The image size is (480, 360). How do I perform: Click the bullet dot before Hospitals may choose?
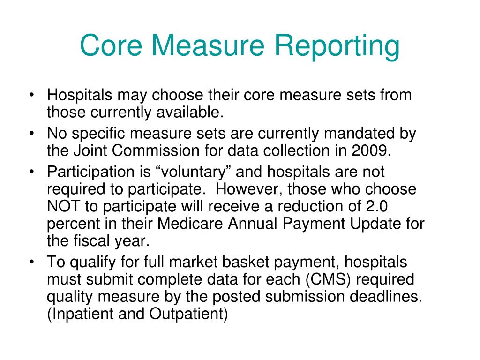(31, 95)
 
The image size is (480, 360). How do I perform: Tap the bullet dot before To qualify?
(31, 262)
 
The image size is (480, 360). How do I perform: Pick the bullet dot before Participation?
(31, 172)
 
